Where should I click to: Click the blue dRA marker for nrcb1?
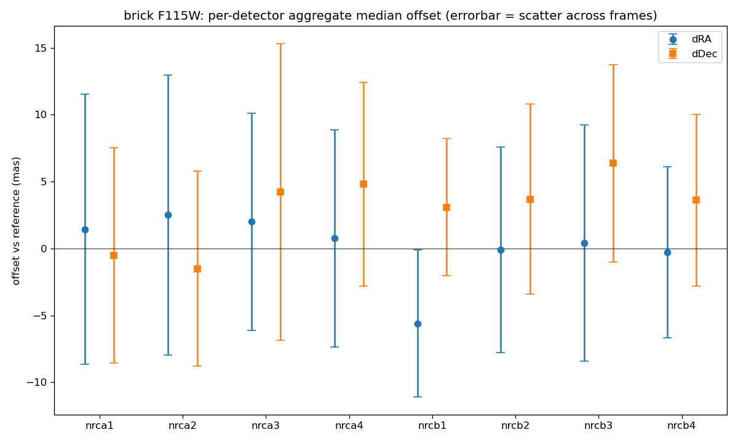(x=418, y=324)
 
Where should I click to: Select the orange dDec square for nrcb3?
(x=613, y=163)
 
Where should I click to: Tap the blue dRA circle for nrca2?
(x=168, y=215)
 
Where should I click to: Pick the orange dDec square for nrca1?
(x=114, y=255)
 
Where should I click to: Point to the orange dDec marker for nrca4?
(x=363, y=184)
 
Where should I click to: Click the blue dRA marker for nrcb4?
(x=667, y=253)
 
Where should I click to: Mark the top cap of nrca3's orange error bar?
(x=280, y=44)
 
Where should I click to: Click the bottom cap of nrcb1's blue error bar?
(x=418, y=397)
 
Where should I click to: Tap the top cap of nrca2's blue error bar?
(x=168, y=75)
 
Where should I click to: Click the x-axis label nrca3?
(x=266, y=426)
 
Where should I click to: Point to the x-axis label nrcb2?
(x=515, y=426)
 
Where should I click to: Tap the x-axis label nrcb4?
(x=681, y=426)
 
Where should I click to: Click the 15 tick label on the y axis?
(x=41, y=49)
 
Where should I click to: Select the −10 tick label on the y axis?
(x=37, y=382)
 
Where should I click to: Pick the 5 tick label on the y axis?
(x=44, y=182)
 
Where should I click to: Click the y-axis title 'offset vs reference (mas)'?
(x=16, y=221)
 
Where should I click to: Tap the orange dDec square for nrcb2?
(x=530, y=199)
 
